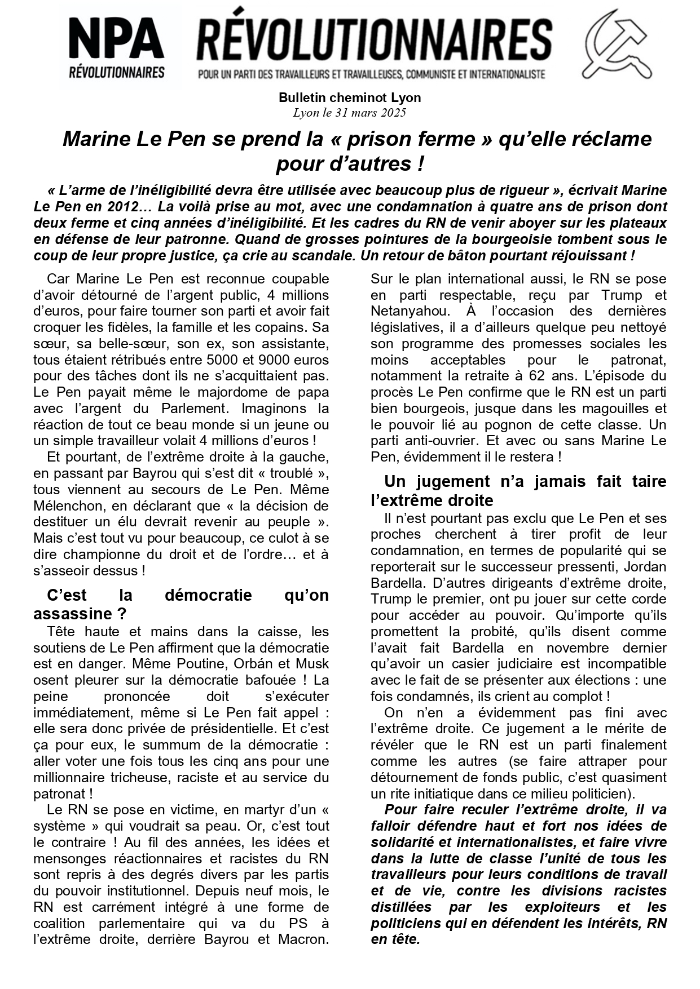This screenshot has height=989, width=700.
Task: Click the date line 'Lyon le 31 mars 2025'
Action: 349,112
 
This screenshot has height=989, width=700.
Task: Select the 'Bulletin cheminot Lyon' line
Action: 350,97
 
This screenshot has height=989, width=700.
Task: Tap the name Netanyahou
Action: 406,311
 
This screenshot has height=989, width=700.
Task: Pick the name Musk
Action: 312,664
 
